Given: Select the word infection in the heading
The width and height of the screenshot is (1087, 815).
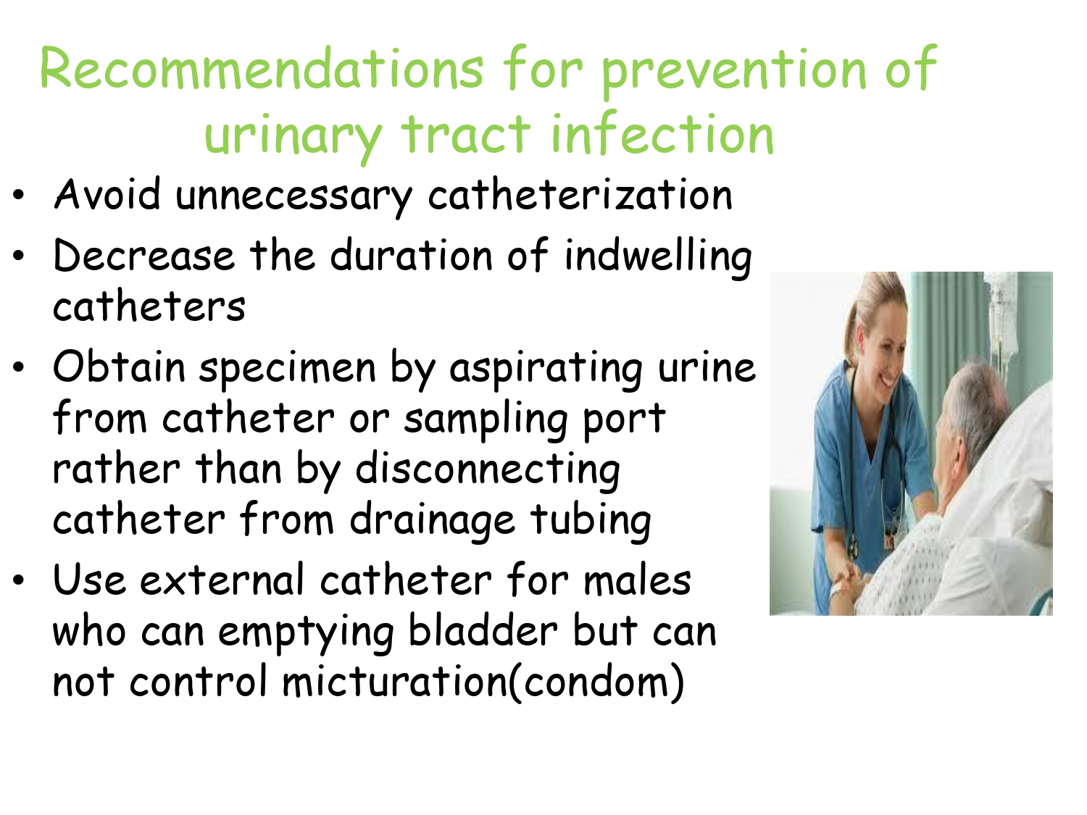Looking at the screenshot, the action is click(662, 133).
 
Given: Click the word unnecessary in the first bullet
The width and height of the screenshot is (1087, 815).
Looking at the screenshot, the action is click(293, 196).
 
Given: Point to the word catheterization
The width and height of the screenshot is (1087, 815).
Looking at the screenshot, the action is click(580, 193).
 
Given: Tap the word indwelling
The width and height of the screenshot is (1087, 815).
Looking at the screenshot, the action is click(658, 257).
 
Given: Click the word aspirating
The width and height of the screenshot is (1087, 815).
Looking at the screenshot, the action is click(546, 369).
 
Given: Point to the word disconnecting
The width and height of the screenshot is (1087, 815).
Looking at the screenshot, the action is click(488, 471).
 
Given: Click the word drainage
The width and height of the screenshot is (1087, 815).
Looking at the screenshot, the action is click(433, 522).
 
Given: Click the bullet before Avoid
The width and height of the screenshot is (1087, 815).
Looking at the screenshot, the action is click(18, 195).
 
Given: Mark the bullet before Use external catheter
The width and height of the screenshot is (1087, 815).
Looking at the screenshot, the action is click(18, 580).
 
